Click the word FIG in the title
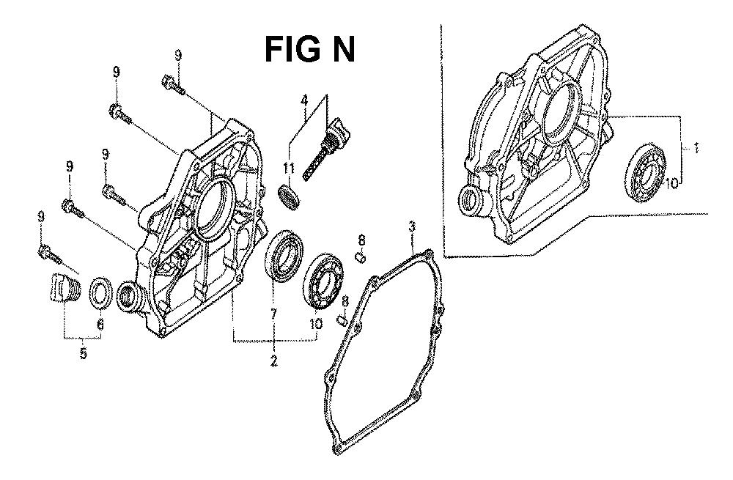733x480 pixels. (292, 50)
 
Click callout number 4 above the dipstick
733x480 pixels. (304, 100)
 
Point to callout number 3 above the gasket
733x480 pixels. (412, 226)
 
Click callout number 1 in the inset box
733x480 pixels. (696, 149)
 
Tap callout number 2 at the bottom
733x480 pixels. (273, 361)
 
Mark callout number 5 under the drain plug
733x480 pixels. (84, 353)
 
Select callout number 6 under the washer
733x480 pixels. (100, 323)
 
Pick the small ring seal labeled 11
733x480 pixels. (290, 197)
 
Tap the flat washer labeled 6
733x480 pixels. (100, 294)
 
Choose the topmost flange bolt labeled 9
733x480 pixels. (173, 84)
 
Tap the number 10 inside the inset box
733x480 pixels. (671, 183)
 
